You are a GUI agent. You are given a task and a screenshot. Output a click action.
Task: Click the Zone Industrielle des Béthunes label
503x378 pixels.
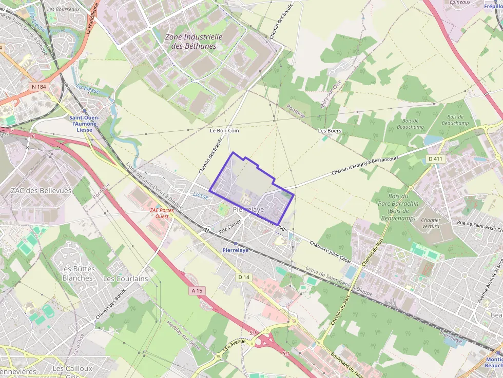point(194,42)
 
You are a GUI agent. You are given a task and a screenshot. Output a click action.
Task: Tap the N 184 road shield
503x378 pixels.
point(38,87)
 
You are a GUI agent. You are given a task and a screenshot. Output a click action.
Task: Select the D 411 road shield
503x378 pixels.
point(437,159)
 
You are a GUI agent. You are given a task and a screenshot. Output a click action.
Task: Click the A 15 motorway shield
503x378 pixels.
point(197,291)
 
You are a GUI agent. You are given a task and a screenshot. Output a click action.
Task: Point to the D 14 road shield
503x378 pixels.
point(244,277)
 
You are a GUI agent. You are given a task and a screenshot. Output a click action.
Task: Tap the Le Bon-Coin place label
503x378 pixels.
point(224,131)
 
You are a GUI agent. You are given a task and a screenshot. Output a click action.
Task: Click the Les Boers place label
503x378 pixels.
point(330,131)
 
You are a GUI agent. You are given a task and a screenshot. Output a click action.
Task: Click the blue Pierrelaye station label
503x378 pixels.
point(236,250)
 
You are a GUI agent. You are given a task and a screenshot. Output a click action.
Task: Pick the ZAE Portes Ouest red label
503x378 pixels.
point(162,213)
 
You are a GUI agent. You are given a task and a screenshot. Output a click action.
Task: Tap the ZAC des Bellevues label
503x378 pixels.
point(41,191)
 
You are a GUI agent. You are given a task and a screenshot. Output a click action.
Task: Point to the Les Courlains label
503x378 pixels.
point(125,278)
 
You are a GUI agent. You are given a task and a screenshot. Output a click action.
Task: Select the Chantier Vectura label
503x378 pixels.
point(431,223)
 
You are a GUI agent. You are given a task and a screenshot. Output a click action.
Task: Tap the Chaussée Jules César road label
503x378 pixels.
point(332,249)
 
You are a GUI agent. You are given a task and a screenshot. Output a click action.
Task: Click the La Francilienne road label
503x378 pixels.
point(92,18)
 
